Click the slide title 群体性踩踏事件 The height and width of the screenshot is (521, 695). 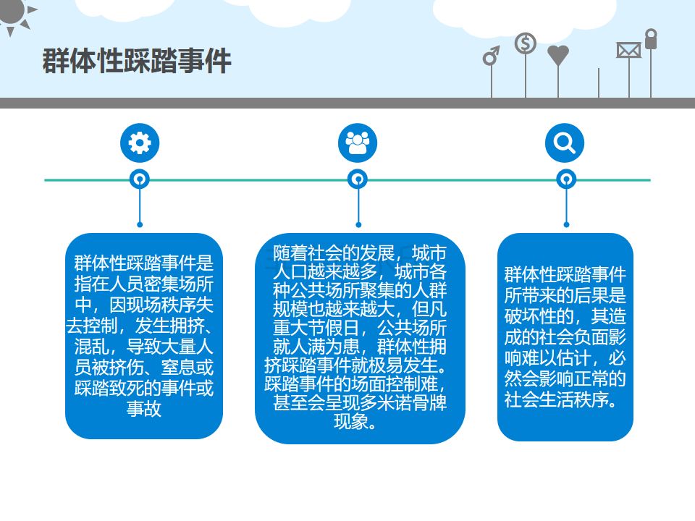[x=137, y=61]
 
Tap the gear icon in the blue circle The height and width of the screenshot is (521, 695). [x=139, y=143]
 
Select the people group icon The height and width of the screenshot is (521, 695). [x=358, y=143]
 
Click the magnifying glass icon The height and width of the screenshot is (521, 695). [x=564, y=143]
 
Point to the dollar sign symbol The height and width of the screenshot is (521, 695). [x=526, y=43]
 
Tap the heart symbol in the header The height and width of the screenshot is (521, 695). [x=558, y=55]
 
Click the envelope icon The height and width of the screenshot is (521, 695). [x=628, y=50]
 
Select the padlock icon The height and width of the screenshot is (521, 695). [x=651, y=38]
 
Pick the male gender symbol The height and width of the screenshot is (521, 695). [x=492, y=56]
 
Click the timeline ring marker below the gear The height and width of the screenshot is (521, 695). [x=139, y=179]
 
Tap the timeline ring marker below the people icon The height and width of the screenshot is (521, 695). [x=358, y=179]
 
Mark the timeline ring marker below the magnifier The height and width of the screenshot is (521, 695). [x=565, y=179]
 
